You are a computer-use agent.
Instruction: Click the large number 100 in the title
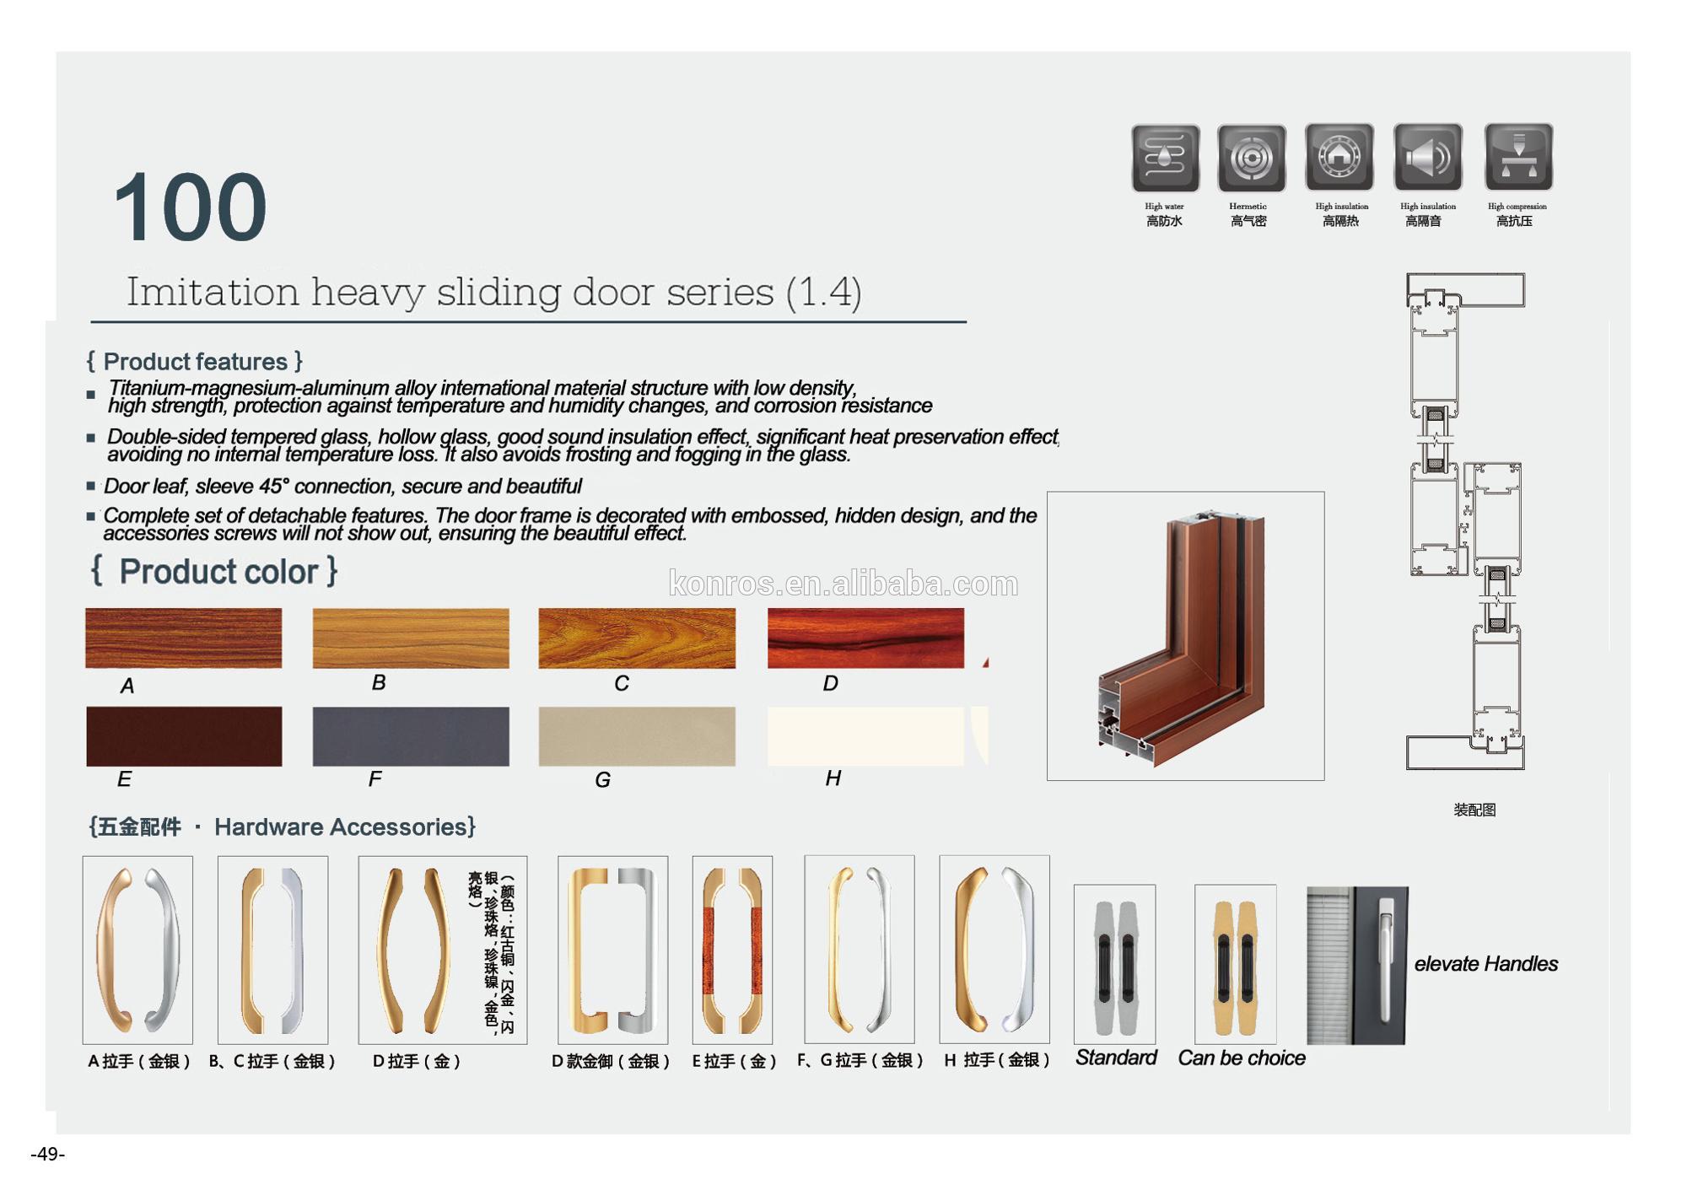190,207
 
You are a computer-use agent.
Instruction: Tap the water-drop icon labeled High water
1165,158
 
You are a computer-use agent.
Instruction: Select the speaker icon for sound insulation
1427,157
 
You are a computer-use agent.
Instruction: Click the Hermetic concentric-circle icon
1252,158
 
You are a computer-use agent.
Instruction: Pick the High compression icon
1518,157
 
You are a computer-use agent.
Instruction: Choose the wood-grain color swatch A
184,638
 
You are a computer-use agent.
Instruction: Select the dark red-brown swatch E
184,736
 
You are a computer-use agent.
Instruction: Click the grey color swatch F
411,736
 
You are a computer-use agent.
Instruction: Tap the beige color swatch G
637,736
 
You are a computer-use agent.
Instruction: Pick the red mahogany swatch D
865,638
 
